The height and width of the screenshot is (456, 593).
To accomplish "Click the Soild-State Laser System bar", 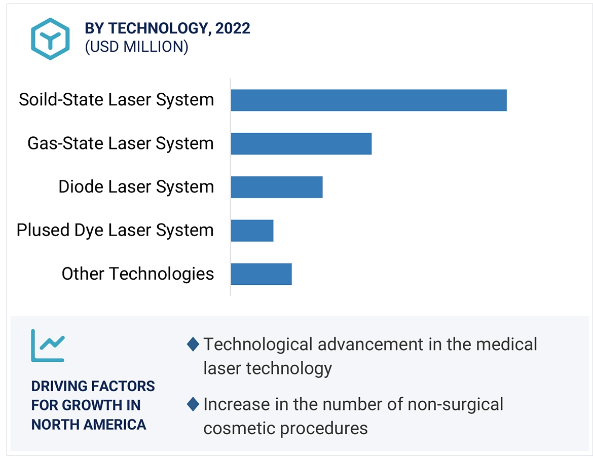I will [368, 100].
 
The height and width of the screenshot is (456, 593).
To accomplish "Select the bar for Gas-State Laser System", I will [301, 144].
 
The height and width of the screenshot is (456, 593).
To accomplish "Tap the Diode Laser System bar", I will [277, 187].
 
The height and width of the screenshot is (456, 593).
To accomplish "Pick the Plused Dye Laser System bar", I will [252, 231].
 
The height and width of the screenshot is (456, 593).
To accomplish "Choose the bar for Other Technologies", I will [261, 274].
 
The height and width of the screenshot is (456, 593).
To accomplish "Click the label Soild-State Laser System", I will [116, 100].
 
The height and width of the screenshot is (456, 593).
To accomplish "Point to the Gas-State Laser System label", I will [120, 143].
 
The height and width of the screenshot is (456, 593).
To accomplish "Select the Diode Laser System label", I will [136, 187].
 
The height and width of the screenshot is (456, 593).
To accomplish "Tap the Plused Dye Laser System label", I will [115, 231].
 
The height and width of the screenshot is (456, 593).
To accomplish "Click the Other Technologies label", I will [137, 274].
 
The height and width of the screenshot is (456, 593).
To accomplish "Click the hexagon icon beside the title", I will [50, 39].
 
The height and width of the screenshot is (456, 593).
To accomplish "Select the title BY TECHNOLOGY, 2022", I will [167, 28].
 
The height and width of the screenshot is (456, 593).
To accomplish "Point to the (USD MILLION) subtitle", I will [136, 47].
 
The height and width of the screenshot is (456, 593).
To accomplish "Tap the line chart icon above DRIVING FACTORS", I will [48, 346].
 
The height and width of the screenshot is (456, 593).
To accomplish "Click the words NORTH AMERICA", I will [89, 424].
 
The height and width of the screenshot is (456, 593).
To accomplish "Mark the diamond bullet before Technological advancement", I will [193, 345].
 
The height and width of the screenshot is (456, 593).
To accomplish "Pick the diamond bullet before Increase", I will [193, 404].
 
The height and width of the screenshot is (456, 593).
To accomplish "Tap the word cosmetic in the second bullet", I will [239, 428].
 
